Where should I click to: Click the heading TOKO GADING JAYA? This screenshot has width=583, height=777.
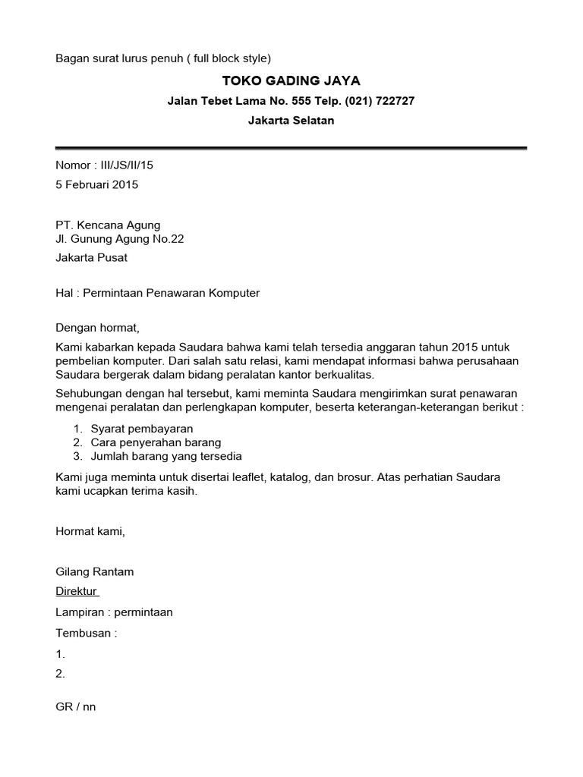[291, 80]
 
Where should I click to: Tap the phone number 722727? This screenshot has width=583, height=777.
[390, 101]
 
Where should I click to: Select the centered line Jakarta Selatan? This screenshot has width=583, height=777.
[291, 120]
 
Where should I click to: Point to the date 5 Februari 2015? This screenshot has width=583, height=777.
[97, 184]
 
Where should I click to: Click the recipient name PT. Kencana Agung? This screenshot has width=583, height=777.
[108, 225]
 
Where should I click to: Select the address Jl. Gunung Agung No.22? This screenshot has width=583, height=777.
[120, 239]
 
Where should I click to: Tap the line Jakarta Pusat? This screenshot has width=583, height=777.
[92, 257]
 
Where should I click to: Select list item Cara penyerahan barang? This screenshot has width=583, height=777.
[156, 442]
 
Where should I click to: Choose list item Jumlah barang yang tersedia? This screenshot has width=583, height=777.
[166, 456]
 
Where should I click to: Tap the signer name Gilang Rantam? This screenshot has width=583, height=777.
[95, 571]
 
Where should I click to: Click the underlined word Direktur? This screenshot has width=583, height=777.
[77, 591]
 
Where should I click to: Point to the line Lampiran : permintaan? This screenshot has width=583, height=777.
[114, 612]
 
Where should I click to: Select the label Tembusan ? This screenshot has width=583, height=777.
[87, 633]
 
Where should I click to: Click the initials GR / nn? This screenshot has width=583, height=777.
[76, 706]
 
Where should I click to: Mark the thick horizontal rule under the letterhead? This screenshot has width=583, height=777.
[291, 148]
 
